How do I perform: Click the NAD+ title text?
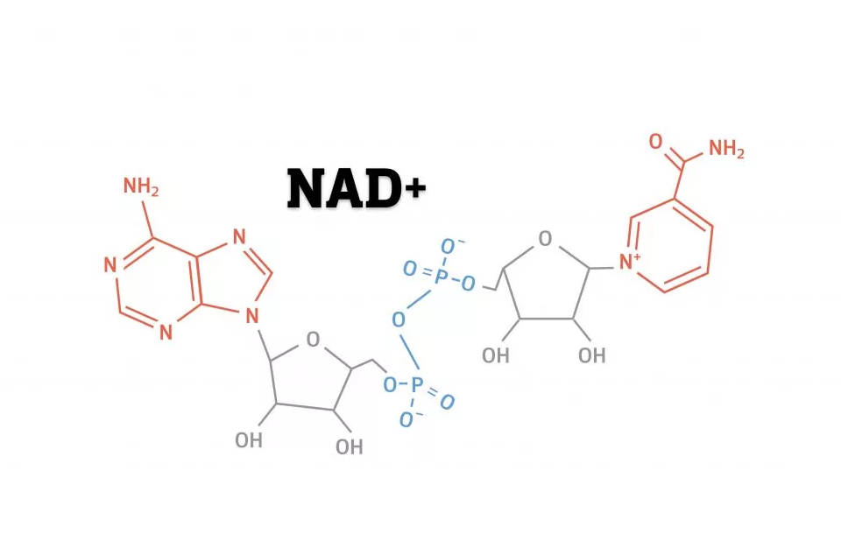[x=357, y=188]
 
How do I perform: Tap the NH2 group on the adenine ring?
[x=141, y=186]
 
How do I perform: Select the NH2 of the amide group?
[x=727, y=149]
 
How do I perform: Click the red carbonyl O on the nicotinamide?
[x=655, y=142]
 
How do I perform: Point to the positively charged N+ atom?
[x=630, y=262]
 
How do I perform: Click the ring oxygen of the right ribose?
[x=545, y=238]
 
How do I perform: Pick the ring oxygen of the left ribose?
[x=314, y=339]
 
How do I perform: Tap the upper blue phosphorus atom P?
[x=441, y=277]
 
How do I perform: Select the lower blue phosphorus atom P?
[x=417, y=384]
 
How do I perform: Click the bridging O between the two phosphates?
[x=398, y=320]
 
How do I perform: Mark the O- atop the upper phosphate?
[x=450, y=247]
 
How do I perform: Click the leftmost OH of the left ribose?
[x=249, y=440]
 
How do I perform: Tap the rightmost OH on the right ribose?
[x=592, y=355]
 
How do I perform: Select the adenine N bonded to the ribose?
[x=252, y=316]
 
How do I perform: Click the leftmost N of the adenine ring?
[x=110, y=265]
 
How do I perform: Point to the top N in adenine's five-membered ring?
[x=239, y=236]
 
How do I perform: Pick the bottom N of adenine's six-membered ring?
[x=166, y=333]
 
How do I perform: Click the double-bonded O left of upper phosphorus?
[x=410, y=269]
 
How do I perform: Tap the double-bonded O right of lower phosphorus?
[x=448, y=401]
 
